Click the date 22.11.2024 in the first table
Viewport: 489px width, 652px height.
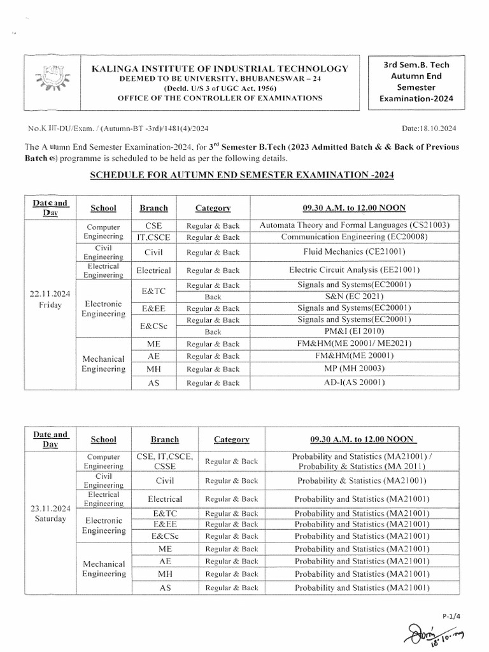[48, 294]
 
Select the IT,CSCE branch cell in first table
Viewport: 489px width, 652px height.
[154, 237]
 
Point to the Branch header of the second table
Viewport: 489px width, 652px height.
[165, 439]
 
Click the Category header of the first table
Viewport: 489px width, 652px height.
[213, 208]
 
